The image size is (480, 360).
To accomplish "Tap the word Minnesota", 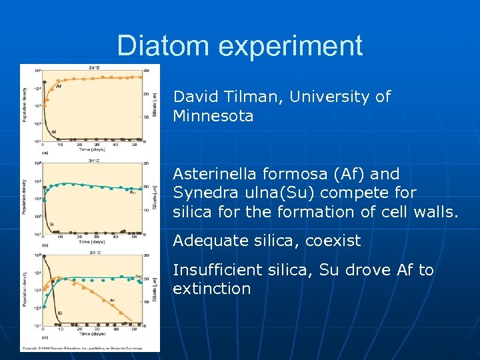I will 213,117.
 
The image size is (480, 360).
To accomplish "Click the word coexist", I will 333,241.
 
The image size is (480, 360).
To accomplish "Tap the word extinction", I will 211,289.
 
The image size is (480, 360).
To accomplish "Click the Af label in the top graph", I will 59,86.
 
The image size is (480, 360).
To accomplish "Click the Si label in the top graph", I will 53,131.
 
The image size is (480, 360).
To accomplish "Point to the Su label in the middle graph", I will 133,192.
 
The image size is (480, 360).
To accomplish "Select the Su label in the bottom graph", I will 138,276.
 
